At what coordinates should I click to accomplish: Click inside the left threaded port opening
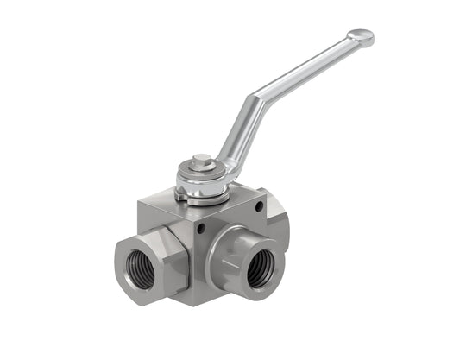click(x=140, y=269)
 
